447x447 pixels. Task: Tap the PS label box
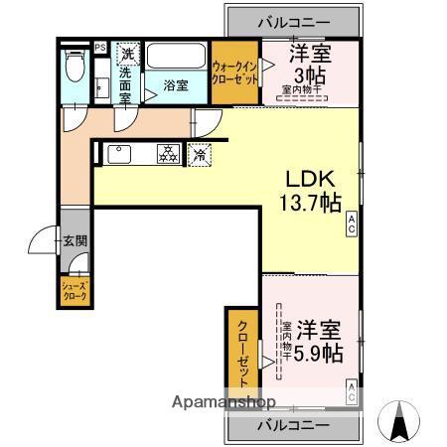point(100,47)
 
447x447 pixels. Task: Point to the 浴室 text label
point(176,85)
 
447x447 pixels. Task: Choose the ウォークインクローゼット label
point(234,74)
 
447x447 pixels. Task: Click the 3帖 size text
point(307,74)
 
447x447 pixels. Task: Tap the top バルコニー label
point(293,21)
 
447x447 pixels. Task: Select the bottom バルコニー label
point(294,424)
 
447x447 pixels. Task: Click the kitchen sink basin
point(118,155)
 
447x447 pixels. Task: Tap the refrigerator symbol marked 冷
point(201,154)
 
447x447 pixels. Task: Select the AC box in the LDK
point(352,227)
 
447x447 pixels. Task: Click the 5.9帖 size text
point(321,353)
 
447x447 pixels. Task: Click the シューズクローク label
point(75,291)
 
